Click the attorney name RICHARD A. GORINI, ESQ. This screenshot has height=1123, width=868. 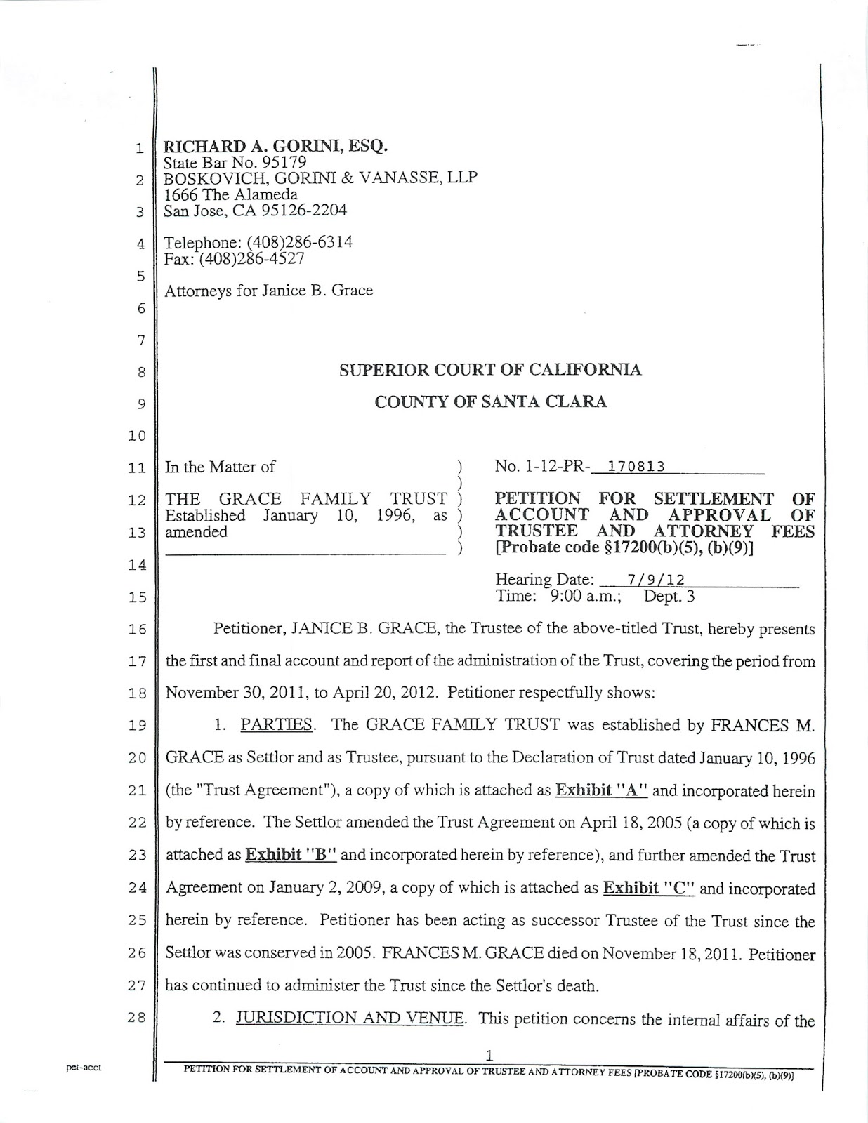tap(275, 147)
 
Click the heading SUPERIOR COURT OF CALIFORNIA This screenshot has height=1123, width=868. tap(490, 370)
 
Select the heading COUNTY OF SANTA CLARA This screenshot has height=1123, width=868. tap(490, 402)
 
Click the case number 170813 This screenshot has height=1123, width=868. tap(637, 467)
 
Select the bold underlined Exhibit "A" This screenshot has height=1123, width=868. tap(601, 791)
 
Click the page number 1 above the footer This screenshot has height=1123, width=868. tap(489, 1054)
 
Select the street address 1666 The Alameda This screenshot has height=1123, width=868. tap(230, 194)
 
